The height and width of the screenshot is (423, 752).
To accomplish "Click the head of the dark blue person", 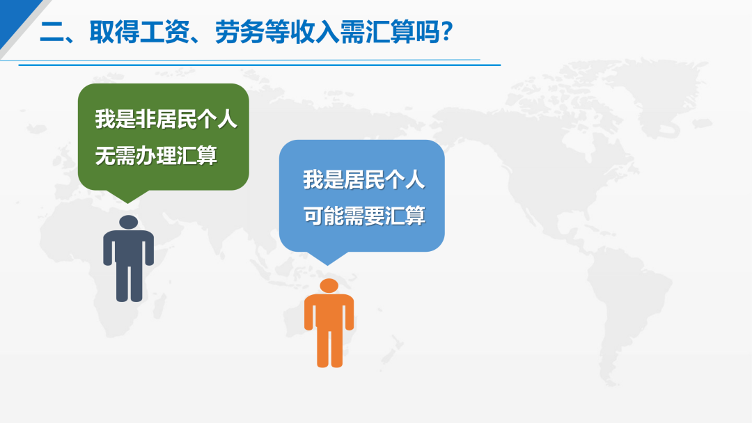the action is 129,222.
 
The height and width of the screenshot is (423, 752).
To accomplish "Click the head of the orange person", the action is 329,286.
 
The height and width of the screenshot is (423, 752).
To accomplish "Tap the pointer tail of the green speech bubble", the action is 127,196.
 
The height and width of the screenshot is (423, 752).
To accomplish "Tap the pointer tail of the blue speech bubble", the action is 328,258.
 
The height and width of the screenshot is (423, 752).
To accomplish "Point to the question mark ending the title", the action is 447,33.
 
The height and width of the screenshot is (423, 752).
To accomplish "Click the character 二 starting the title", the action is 52,33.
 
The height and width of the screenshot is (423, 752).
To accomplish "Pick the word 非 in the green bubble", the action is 146,119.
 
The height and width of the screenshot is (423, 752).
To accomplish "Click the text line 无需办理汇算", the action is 157,156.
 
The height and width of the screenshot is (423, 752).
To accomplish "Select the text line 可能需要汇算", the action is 364,216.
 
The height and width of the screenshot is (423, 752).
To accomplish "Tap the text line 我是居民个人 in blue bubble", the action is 364,180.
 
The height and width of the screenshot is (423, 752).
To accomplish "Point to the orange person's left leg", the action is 323,347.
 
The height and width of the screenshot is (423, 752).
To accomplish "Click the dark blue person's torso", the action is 129,247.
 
